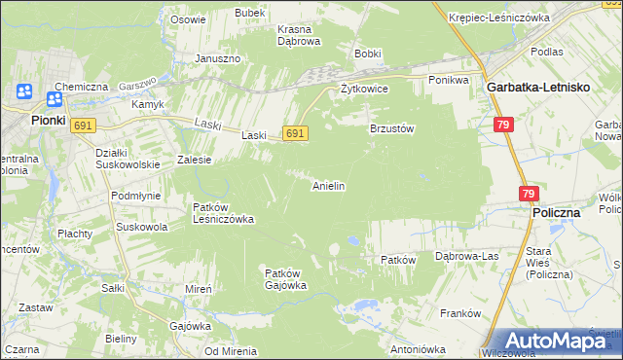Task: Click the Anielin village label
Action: click(x=328, y=185)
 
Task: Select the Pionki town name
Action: click(x=47, y=120)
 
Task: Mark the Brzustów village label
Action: click(x=392, y=128)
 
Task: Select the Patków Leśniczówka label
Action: click(x=223, y=213)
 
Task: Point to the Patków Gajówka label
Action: click(x=286, y=279)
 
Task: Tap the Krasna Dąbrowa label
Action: click(x=299, y=35)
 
